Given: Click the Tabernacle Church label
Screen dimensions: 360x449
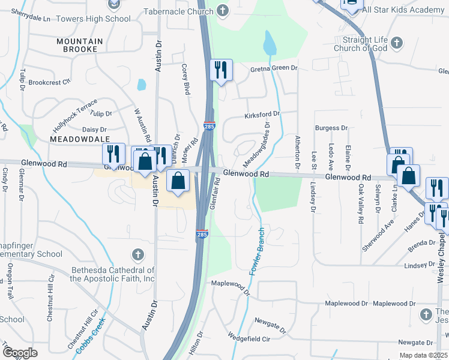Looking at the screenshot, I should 182,11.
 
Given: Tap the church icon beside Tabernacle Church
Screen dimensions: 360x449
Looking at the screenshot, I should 223,10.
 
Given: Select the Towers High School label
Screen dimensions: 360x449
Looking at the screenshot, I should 101,19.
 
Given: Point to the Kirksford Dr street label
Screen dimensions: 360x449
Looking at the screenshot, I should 262,114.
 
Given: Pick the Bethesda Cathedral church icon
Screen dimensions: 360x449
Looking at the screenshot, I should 138,255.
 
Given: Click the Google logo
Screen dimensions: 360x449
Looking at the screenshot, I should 20,353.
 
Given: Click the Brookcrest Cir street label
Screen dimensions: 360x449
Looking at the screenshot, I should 50,82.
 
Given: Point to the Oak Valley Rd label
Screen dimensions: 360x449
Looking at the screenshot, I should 361,205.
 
